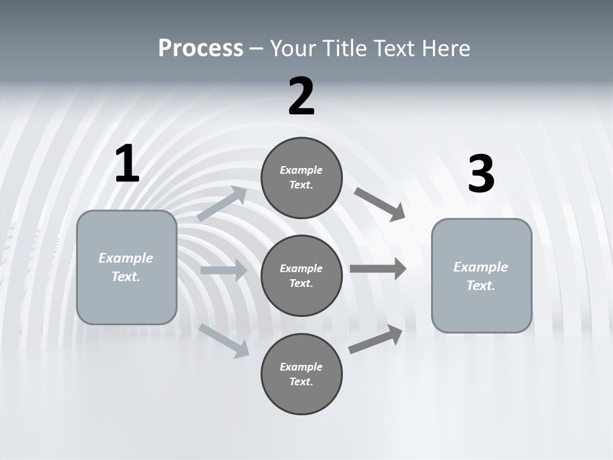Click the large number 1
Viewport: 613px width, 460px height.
(x=127, y=164)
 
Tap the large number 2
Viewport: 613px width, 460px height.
(x=301, y=96)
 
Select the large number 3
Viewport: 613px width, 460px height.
(x=481, y=174)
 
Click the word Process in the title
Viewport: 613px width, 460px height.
(x=201, y=48)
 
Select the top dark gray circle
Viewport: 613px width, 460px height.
(x=301, y=178)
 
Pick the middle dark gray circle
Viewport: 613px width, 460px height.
(x=301, y=276)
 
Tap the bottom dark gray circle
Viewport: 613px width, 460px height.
(x=301, y=374)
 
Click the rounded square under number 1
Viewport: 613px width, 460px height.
(x=126, y=267)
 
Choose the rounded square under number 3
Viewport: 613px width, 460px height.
(x=481, y=276)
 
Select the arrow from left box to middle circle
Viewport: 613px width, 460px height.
(x=223, y=270)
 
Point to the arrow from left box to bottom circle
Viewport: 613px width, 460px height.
(x=224, y=341)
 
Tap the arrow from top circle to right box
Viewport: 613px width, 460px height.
(x=380, y=204)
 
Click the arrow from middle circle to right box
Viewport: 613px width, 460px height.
(x=378, y=268)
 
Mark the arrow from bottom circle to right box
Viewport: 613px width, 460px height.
(x=375, y=339)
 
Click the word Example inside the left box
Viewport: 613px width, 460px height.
(x=126, y=258)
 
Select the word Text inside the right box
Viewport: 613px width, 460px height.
(x=480, y=286)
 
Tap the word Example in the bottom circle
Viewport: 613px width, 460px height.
(x=301, y=367)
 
